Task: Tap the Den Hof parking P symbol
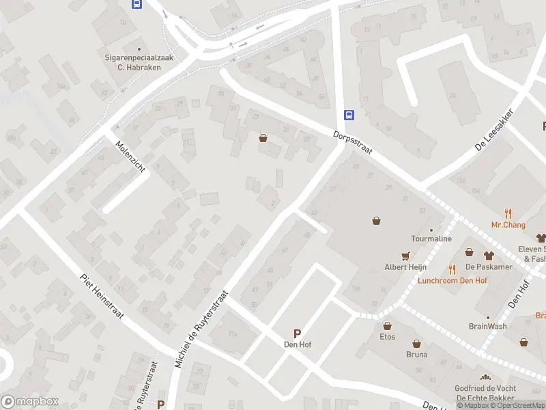pyautogui.click(x=297, y=333)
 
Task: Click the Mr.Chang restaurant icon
pyautogui.click(x=508, y=213)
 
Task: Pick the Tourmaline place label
pyautogui.click(x=431, y=238)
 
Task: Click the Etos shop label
pyautogui.click(x=387, y=336)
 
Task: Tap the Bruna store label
pyautogui.click(x=416, y=354)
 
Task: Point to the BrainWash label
pyautogui.click(x=487, y=326)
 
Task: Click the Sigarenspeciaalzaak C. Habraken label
pyautogui.click(x=139, y=63)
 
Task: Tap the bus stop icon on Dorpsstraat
pyautogui.click(x=349, y=115)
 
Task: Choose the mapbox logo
pyautogui.click(x=30, y=401)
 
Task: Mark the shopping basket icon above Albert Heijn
pyautogui.click(x=376, y=220)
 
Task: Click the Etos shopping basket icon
pyautogui.click(x=387, y=325)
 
